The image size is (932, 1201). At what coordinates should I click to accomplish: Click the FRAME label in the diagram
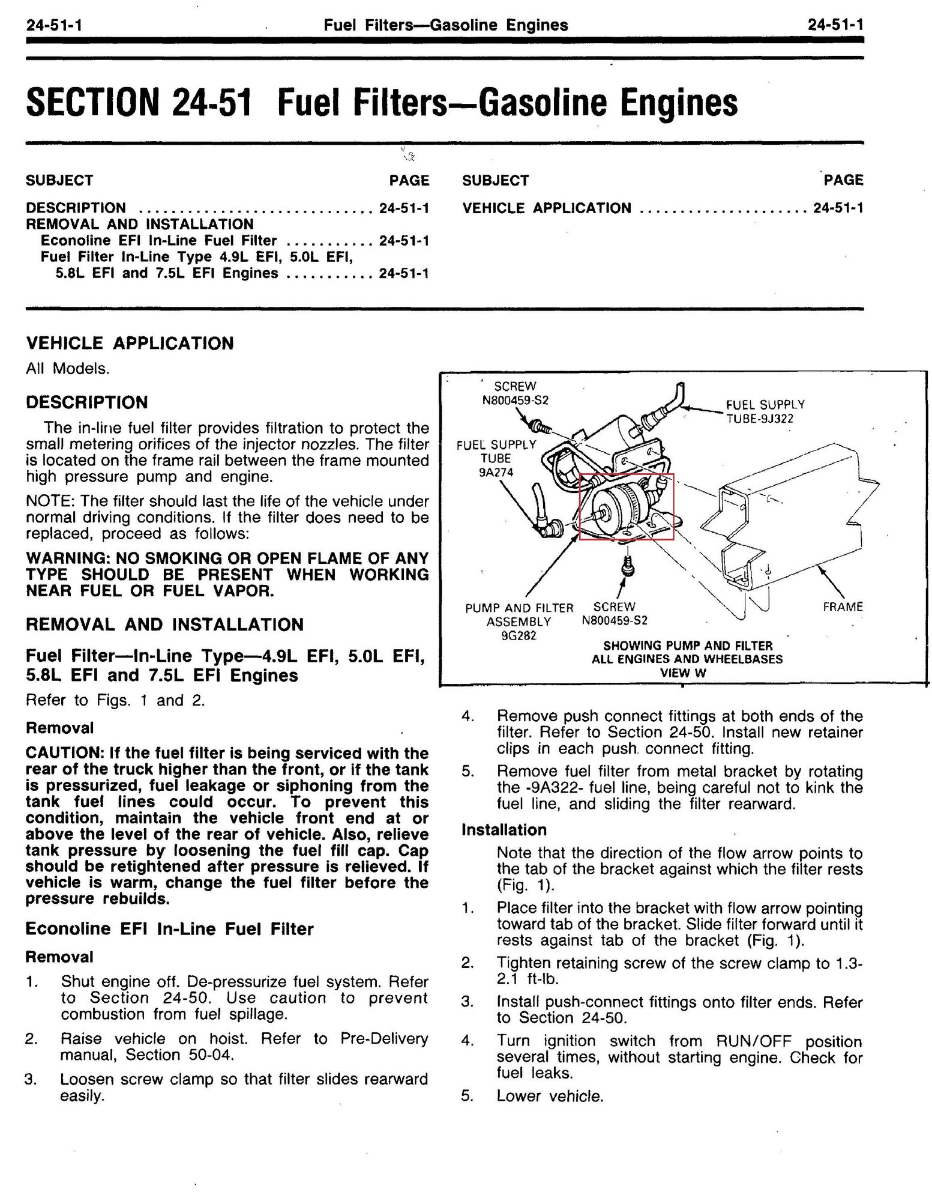click(842, 607)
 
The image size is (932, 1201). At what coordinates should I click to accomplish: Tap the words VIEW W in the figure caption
click(683, 673)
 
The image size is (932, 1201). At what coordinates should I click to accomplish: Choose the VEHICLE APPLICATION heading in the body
click(130, 343)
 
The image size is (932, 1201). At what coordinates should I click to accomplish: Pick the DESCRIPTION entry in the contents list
click(76, 208)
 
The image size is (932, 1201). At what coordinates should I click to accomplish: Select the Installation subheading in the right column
click(504, 830)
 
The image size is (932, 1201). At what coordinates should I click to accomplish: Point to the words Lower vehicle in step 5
click(550, 1097)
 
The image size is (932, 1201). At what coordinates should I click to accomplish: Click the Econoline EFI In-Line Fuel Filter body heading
click(169, 929)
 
